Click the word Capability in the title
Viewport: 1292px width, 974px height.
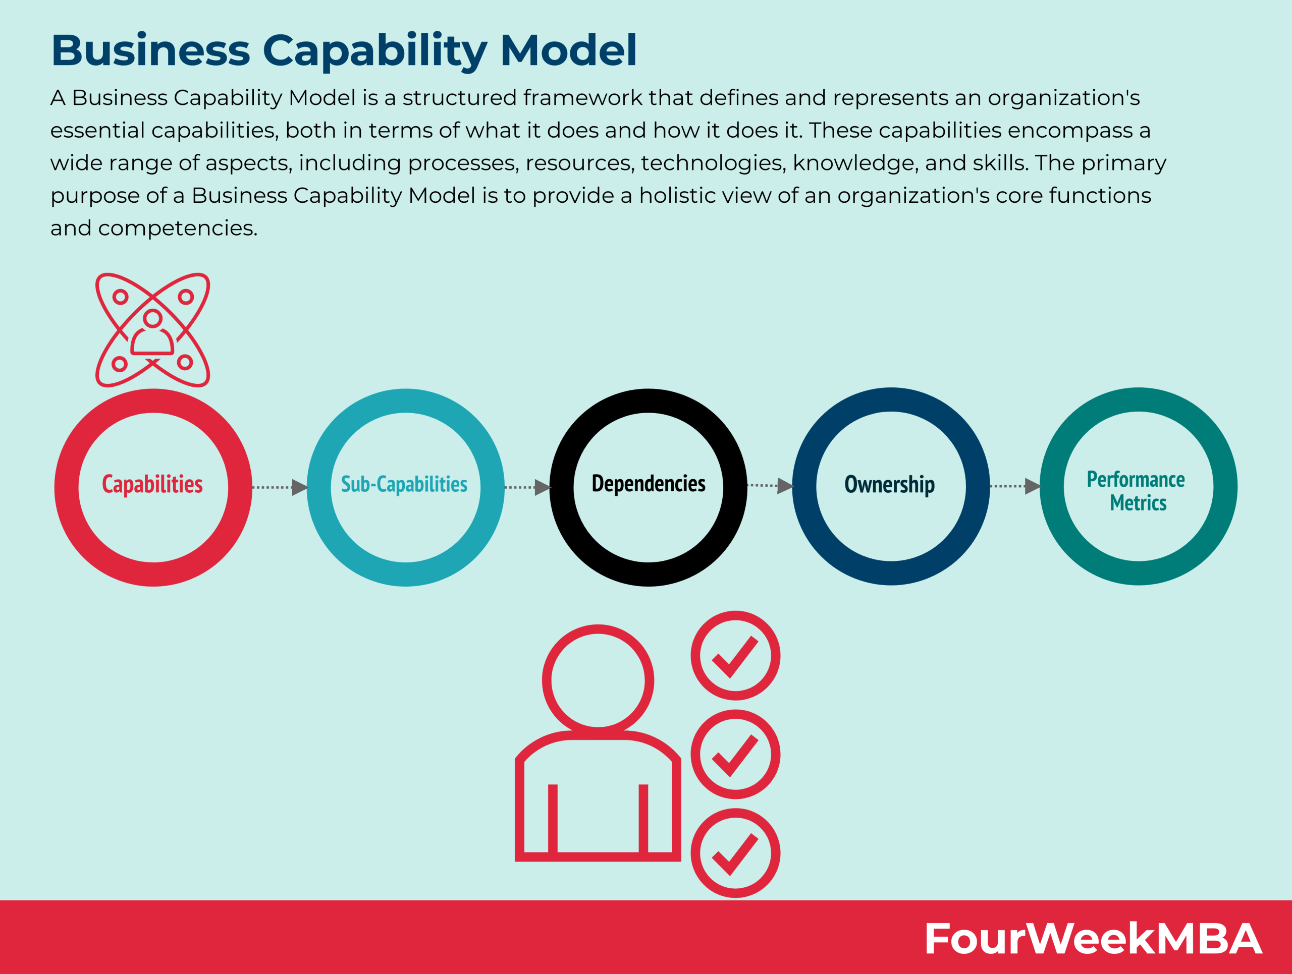(374, 51)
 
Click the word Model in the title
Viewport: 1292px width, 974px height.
(568, 51)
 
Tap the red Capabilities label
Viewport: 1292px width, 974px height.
(152, 484)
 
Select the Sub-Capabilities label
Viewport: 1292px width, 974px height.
(404, 484)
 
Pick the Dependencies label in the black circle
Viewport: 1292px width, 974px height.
(649, 484)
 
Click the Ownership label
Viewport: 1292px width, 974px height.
(890, 484)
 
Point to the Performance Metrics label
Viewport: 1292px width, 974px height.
(1137, 491)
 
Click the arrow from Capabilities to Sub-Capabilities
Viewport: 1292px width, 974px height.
(280, 487)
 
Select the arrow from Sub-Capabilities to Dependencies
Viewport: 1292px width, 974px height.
(527, 487)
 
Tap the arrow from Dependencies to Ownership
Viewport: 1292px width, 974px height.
(770, 486)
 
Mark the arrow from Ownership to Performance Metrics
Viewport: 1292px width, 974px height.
(1015, 486)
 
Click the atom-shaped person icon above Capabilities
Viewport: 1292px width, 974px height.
(152, 330)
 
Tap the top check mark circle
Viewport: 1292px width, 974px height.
(735, 655)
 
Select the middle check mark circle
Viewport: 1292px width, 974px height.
(735, 754)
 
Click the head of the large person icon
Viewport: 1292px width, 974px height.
(598, 680)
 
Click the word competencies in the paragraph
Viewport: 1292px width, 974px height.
(177, 228)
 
